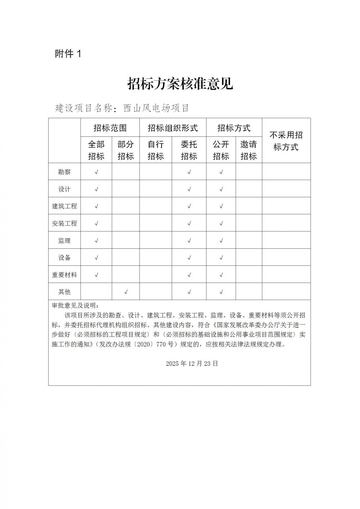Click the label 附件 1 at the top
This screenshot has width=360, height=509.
[68, 54]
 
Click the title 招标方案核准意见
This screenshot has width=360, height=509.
[180, 84]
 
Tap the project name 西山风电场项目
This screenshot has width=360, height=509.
[156, 108]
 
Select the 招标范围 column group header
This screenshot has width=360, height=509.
[110, 128]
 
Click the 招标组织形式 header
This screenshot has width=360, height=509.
[173, 128]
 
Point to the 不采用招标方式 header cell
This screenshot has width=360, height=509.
[286, 141]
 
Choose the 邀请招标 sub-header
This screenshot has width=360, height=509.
[248, 150]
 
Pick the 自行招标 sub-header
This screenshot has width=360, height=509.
[156, 150]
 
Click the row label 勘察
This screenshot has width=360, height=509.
[64, 172]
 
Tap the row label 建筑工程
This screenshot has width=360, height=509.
[64, 206]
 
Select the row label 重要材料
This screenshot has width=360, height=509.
[64, 275]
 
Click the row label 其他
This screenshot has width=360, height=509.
[64, 292]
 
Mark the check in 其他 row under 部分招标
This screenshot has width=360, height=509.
[126, 292]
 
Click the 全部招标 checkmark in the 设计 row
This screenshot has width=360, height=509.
[96, 189]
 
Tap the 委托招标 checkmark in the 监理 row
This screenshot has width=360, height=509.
[189, 240]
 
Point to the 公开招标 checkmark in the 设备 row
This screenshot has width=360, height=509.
[221, 258]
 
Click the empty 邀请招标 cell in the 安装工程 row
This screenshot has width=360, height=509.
[248, 223]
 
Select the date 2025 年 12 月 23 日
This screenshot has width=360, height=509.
[192, 364]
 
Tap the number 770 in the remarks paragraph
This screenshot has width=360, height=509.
[162, 344]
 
